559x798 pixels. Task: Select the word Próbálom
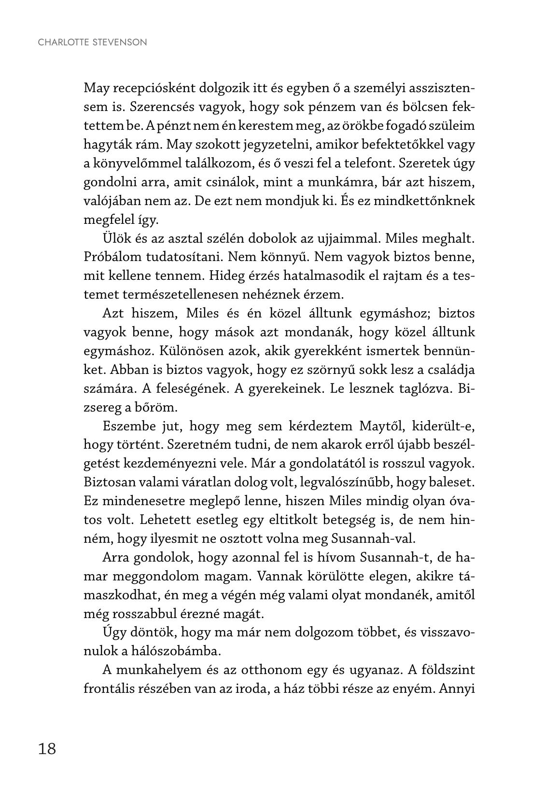click(114, 257)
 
